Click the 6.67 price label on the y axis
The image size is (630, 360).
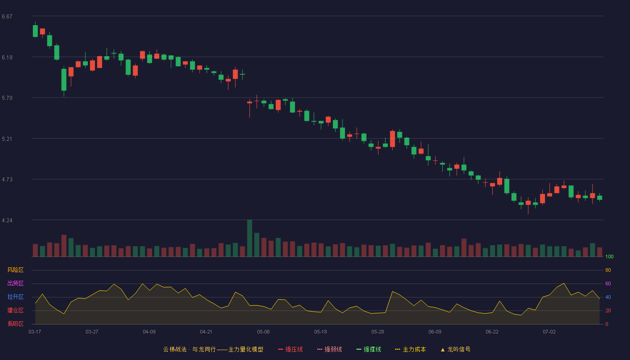click(7, 17)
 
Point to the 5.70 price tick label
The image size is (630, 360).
click(7, 98)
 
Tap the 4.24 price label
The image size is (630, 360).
click(7, 220)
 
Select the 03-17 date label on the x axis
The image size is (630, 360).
click(35, 332)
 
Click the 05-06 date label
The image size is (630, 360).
click(263, 332)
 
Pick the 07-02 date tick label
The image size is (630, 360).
click(549, 332)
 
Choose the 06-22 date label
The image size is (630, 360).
click(492, 332)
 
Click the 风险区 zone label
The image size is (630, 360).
click(15, 270)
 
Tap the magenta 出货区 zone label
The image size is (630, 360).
click(15, 283)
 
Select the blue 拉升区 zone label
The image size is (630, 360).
click(15, 297)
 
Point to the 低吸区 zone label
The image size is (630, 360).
click(15, 324)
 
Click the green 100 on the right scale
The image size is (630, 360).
click(609, 256)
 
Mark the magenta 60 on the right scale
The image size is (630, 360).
click(608, 283)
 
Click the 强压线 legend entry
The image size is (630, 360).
click(290, 349)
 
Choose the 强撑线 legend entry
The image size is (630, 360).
click(369, 349)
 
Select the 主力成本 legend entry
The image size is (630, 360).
click(410, 349)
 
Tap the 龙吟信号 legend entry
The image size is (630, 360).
click(455, 349)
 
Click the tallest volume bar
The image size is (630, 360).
click(249, 238)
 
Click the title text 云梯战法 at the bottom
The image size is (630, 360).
click(175, 349)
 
